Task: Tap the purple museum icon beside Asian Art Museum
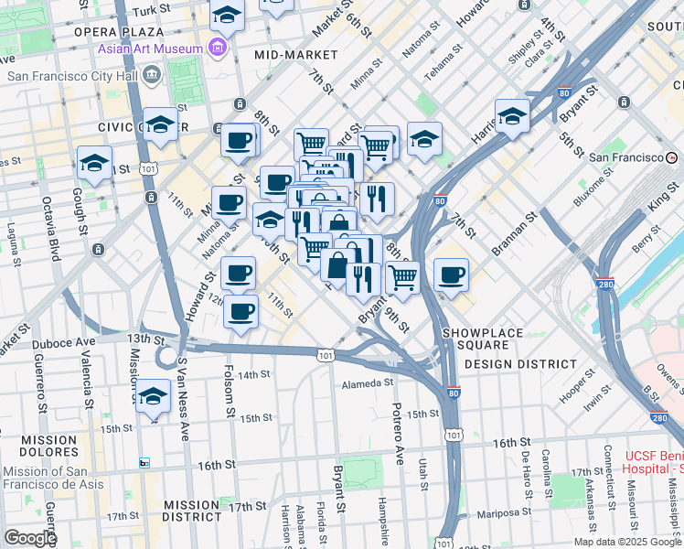[218, 48]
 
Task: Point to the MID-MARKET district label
[290, 55]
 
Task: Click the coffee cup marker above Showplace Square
[450, 274]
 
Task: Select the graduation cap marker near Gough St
[94, 163]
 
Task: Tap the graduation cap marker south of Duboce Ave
[154, 396]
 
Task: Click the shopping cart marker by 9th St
[402, 276]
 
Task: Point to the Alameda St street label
[369, 384]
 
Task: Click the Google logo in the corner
[30, 538]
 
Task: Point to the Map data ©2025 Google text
[627, 542]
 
